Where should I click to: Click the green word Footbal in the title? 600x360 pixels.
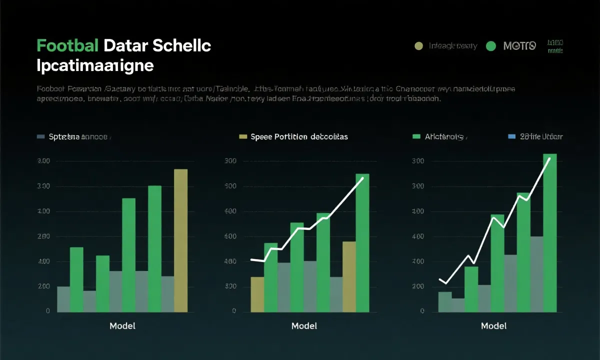tap(67, 46)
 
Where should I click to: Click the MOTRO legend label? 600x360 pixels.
tap(519, 46)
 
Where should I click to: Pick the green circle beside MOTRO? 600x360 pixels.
tap(490, 46)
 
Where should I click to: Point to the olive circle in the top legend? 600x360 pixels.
tap(419, 46)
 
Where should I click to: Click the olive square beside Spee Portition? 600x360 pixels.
tap(243, 136)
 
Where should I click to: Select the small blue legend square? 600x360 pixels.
tap(511, 136)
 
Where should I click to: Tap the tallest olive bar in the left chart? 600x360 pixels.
tap(180, 240)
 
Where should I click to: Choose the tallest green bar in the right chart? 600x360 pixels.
tap(549, 232)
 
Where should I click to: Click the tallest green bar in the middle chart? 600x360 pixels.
tap(362, 242)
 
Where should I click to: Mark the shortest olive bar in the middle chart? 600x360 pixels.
tap(257, 294)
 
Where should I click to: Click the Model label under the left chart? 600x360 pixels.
tap(122, 326)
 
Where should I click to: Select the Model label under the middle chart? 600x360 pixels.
tap(304, 326)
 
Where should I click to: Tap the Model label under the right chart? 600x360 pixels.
tap(493, 326)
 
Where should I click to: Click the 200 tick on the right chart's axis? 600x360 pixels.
tap(418, 286)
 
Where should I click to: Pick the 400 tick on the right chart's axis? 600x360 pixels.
tap(418, 236)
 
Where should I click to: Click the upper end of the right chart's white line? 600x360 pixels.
tap(550, 158)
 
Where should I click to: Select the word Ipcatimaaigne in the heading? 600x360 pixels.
tap(95, 65)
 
